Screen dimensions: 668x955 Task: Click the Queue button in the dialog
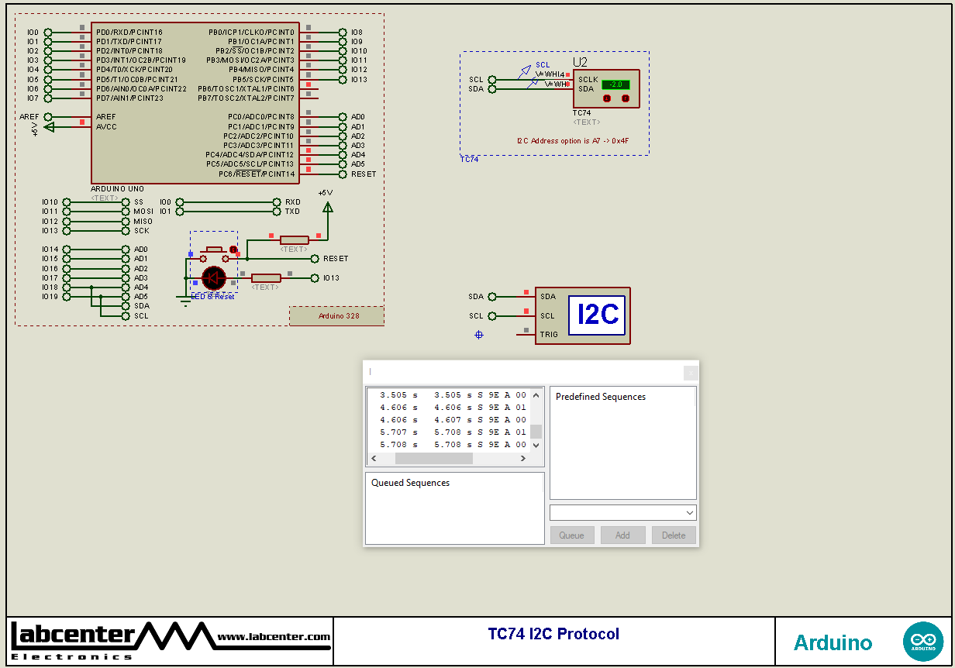click(x=572, y=535)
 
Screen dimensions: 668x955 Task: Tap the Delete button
click(x=674, y=535)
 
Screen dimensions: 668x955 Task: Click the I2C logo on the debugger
click(x=597, y=315)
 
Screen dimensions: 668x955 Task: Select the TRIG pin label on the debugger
click(x=548, y=335)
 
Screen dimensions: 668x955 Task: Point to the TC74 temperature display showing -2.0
click(x=615, y=84)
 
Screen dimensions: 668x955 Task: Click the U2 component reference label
click(x=580, y=62)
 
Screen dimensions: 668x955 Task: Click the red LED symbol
click(x=213, y=277)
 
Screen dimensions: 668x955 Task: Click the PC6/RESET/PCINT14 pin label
click(x=258, y=174)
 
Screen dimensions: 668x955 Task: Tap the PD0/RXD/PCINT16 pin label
click(x=129, y=33)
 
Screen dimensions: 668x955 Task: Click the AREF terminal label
click(x=29, y=117)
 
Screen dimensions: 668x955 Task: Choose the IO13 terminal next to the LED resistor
click(x=331, y=278)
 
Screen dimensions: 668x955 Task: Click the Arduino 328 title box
click(x=337, y=316)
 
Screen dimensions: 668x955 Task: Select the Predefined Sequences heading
click(x=601, y=397)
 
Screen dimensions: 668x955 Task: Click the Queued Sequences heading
click(x=410, y=483)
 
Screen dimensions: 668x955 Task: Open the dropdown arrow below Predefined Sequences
click(x=689, y=513)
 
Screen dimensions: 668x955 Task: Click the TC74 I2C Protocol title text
click(x=553, y=634)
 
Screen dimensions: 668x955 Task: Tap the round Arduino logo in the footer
click(x=922, y=642)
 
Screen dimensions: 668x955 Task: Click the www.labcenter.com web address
click(x=273, y=637)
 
